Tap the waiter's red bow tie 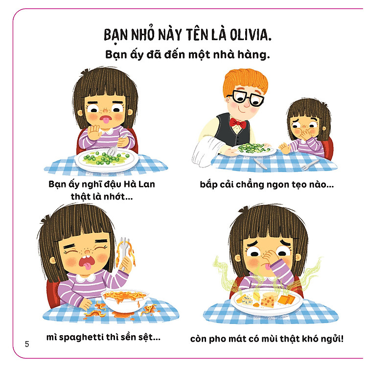(x=239, y=122)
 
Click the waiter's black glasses (x=248, y=97)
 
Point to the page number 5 (x=27, y=344)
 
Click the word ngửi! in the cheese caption (x=330, y=338)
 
